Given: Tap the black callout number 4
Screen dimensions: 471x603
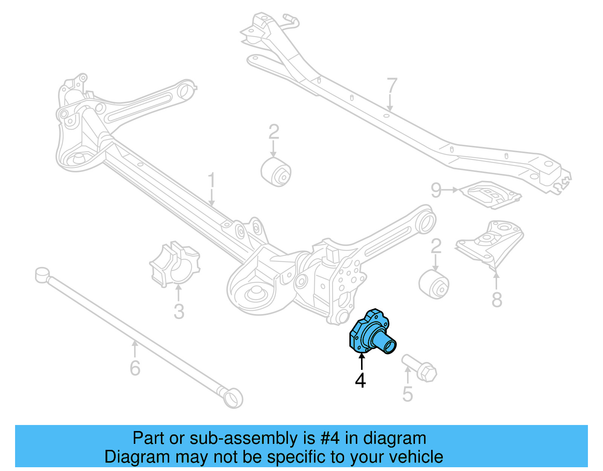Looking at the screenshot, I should (x=360, y=380).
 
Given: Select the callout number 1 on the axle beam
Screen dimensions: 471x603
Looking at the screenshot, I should (x=211, y=180).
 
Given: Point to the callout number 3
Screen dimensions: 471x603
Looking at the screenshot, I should (x=179, y=311).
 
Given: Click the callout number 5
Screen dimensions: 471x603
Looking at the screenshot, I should (x=407, y=394).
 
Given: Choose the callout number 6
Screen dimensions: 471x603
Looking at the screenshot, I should (x=135, y=368).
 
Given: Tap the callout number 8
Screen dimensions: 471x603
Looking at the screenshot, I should (x=497, y=300).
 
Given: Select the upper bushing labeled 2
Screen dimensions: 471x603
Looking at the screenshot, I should (x=276, y=172).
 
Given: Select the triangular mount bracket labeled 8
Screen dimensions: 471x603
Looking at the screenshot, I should (x=490, y=243).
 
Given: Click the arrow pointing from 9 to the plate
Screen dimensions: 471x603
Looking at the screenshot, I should (x=450, y=190).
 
